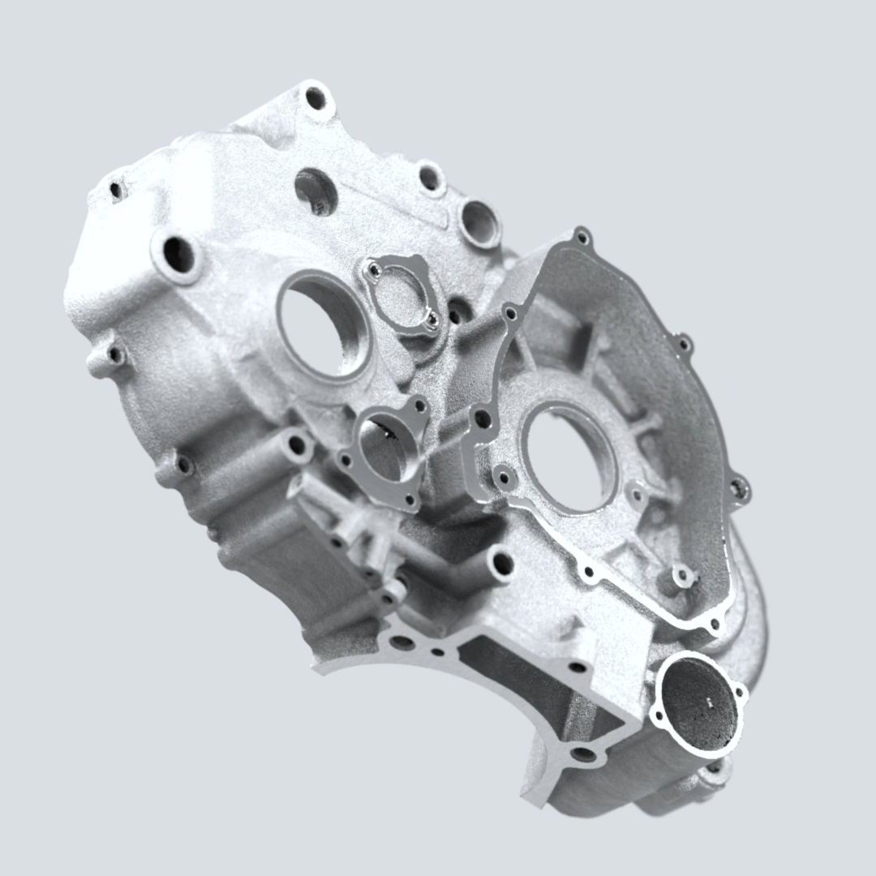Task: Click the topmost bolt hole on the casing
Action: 315,99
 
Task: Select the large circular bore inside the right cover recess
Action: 568,459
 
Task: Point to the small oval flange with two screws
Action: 402,294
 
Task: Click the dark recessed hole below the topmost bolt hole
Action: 315,191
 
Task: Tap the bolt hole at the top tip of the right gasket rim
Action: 582,238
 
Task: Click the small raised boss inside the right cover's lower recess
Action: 684,576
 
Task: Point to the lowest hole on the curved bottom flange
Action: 583,754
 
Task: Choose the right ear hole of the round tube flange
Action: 740,691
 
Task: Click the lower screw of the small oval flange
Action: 432,320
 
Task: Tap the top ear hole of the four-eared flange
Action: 419,405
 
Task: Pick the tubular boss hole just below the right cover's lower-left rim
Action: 502,562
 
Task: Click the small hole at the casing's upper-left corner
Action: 117,191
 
